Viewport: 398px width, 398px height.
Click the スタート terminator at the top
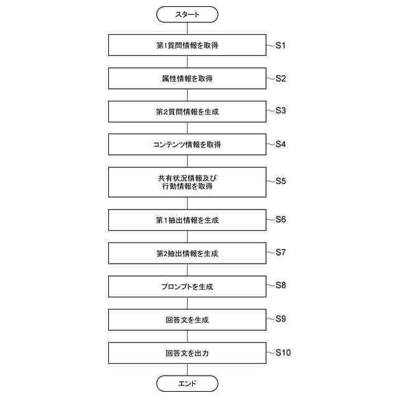187,14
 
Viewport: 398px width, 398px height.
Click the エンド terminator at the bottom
187,383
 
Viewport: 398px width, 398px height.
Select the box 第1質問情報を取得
187,45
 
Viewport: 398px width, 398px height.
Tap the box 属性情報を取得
187,79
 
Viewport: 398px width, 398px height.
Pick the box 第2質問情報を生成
187,112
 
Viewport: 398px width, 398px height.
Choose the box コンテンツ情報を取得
187,145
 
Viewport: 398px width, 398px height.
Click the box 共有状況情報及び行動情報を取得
187,182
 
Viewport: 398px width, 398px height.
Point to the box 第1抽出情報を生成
187,220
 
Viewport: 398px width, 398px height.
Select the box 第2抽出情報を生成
187,253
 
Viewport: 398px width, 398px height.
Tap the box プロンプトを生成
187,287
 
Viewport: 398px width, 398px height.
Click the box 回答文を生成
187,320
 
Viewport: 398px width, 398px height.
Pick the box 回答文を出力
187,353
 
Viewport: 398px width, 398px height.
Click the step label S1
280,45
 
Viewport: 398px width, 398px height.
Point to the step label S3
280,111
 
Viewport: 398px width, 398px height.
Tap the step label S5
280,182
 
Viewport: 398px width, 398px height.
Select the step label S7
280,252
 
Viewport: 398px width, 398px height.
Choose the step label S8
280,285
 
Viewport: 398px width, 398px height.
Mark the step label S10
282,353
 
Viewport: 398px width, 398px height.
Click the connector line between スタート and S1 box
187,28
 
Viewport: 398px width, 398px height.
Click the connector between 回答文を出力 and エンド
187,370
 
